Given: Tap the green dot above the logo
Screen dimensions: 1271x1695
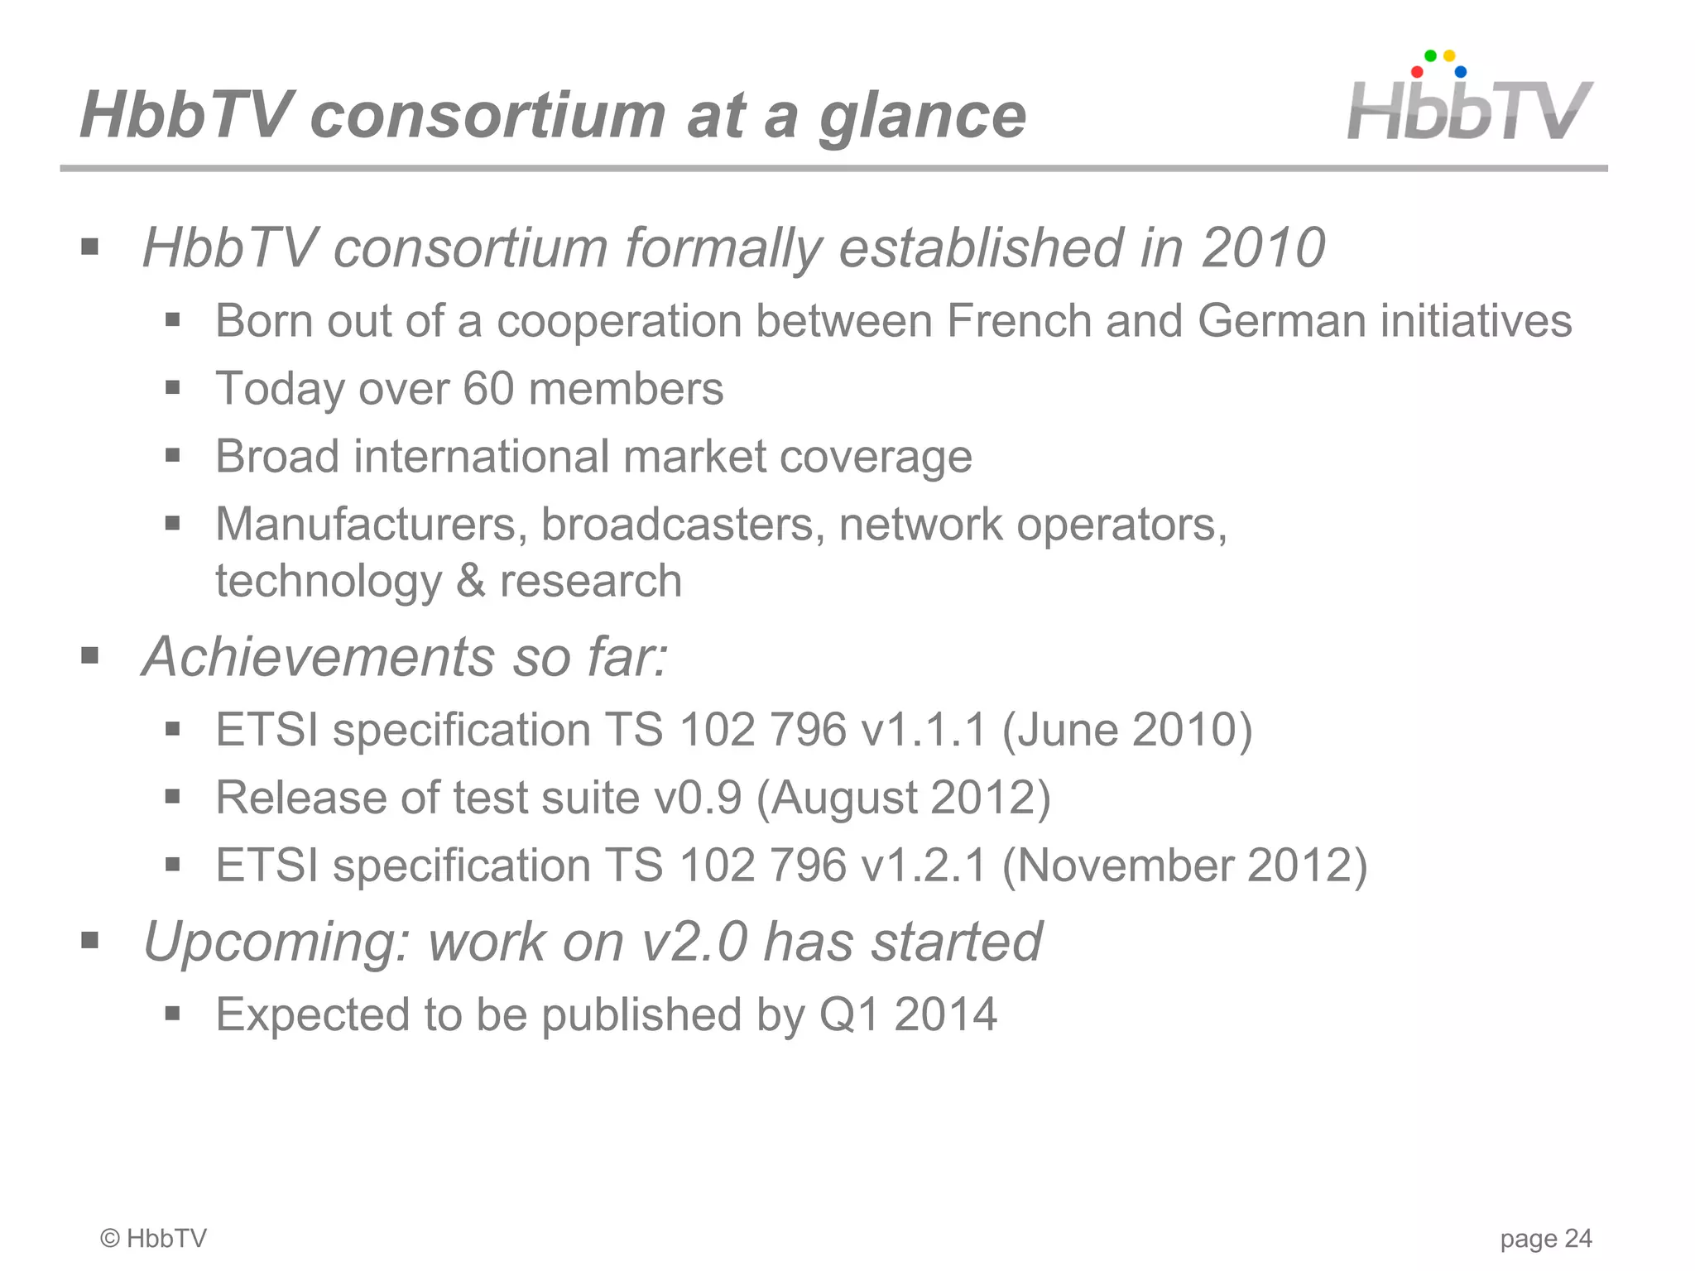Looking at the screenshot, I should (1430, 56).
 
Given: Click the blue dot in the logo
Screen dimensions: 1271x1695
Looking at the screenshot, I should (1461, 73).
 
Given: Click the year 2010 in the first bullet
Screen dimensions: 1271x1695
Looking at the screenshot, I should (1263, 247).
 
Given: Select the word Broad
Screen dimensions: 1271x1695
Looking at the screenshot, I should (277, 457).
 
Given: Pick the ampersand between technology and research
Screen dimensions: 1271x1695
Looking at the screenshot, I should (470, 581).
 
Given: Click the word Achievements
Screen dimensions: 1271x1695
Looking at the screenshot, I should (319, 657).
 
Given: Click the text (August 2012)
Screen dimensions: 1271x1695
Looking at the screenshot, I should (903, 799).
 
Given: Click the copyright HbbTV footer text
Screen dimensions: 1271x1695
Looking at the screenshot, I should (154, 1239).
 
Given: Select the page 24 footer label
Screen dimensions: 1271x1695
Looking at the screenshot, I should (1545, 1239).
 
